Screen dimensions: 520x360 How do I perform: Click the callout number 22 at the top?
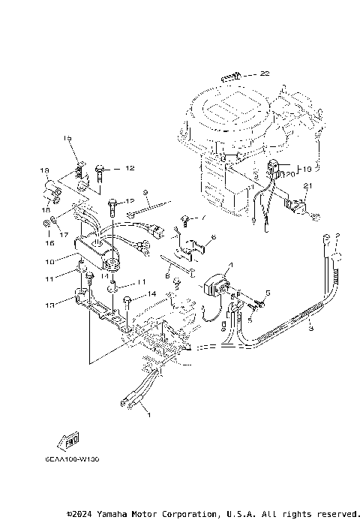point(265,74)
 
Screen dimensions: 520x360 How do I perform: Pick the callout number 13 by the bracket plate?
point(50,305)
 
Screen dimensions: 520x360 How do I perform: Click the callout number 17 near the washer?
point(63,235)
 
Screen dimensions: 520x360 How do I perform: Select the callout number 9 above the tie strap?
point(145,192)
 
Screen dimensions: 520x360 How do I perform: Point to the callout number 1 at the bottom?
point(148,414)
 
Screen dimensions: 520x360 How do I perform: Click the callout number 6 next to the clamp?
point(213,238)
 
